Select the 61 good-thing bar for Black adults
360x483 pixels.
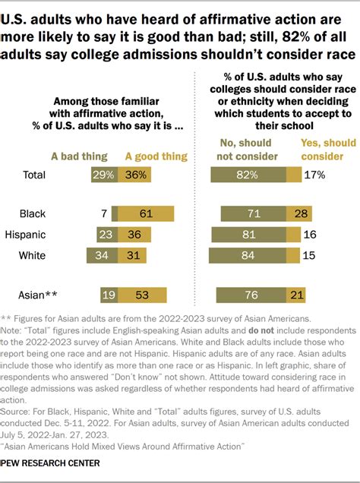[x=145, y=213]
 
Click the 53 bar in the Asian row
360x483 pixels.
[x=142, y=294]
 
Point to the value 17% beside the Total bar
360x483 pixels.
[x=314, y=175]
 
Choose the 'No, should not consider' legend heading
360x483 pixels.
[x=244, y=150]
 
